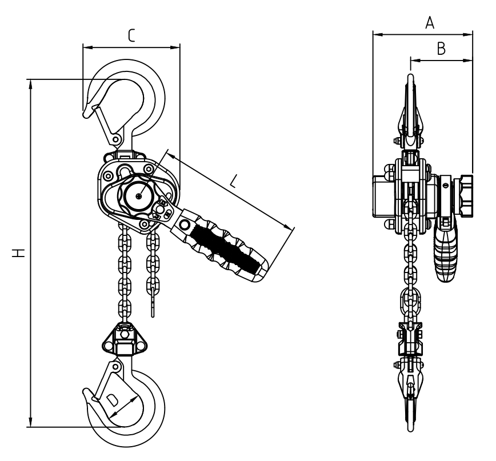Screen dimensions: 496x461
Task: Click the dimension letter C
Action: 131,35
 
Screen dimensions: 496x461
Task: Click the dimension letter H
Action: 19,253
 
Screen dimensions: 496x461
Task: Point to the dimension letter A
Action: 430,23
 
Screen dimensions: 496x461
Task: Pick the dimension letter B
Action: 441,49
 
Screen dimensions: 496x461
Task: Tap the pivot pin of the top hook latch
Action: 116,139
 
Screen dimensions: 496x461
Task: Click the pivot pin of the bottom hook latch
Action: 116,367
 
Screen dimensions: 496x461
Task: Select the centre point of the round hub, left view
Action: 138,197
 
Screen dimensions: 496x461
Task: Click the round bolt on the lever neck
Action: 184,225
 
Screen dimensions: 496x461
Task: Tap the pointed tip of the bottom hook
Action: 85,391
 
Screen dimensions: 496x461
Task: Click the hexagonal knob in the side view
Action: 463,196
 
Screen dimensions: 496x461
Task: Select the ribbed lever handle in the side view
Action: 445,250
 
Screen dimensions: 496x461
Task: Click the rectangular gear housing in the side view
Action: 384,196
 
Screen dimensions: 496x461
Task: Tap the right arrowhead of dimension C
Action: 175,47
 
